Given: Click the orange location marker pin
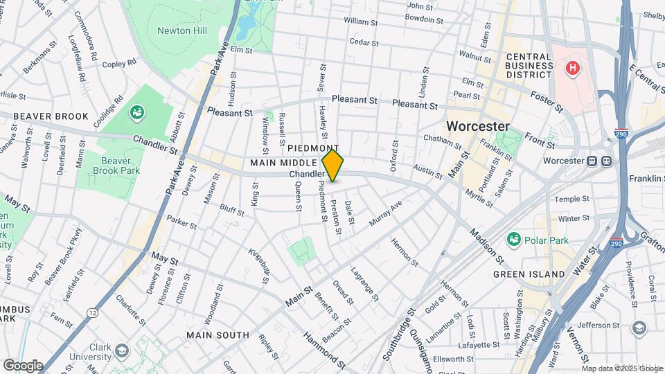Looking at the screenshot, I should [x=332, y=165].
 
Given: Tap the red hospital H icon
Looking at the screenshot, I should [x=572, y=68].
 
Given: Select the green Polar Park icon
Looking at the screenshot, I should [x=513, y=239].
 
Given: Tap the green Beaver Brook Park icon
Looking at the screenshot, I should [x=136, y=112].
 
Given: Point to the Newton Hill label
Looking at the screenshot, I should [x=181, y=30].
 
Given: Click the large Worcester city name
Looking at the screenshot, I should [x=478, y=127].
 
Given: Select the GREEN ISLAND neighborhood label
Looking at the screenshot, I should [x=529, y=274].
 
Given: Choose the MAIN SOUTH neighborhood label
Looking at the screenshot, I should [x=218, y=335].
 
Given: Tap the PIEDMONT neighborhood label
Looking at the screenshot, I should [x=312, y=148].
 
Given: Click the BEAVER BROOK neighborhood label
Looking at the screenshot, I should [x=51, y=116].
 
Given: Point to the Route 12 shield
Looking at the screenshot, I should [x=92, y=314].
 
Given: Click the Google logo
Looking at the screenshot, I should [x=23, y=365].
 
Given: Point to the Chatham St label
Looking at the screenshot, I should [x=443, y=143].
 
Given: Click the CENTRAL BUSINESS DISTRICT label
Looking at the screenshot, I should [x=529, y=66].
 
